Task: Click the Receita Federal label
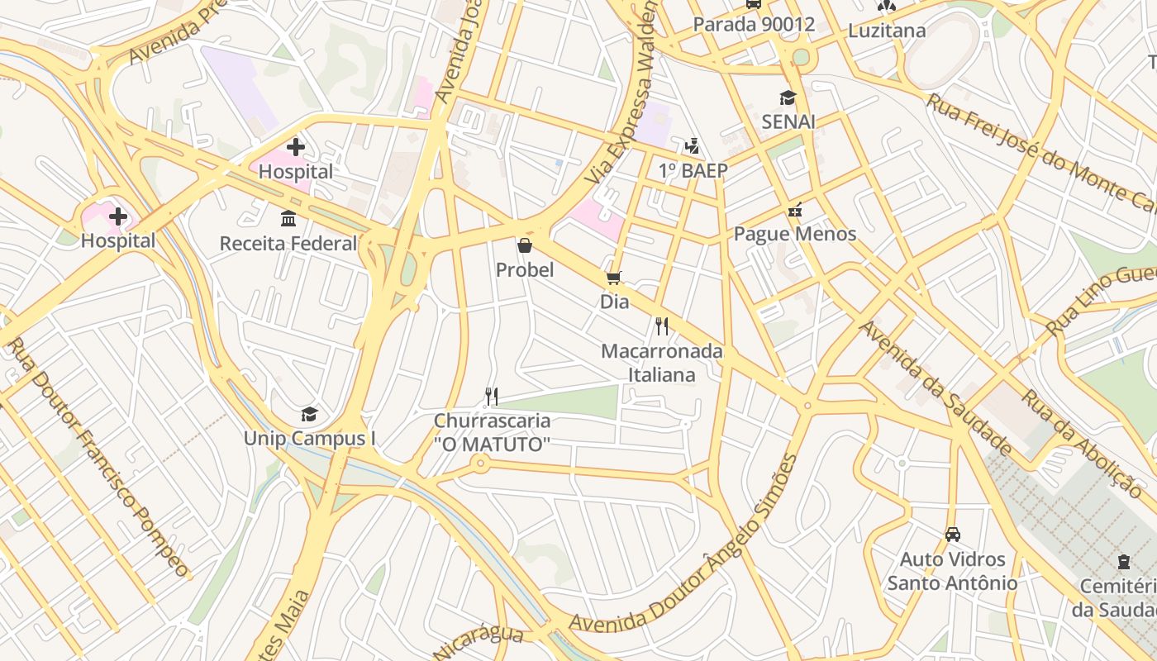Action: (x=288, y=244)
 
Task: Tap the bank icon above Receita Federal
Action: (x=288, y=219)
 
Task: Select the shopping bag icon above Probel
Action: (x=524, y=245)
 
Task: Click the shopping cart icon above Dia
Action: (x=613, y=278)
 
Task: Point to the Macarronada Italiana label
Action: (x=661, y=363)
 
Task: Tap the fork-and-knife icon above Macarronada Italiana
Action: (x=661, y=326)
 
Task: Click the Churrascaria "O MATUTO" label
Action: (x=492, y=432)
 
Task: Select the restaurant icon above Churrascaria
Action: (x=491, y=397)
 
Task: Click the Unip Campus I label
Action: (x=309, y=438)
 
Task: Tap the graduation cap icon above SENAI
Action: (x=788, y=97)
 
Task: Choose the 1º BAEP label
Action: (x=693, y=171)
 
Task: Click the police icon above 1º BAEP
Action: (x=692, y=147)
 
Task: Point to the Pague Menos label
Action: (x=795, y=234)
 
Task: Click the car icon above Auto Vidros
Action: (x=952, y=535)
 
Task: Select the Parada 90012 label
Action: (x=754, y=25)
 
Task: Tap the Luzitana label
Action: (x=888, y=31)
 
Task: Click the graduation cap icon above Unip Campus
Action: (x=309, y=414)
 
